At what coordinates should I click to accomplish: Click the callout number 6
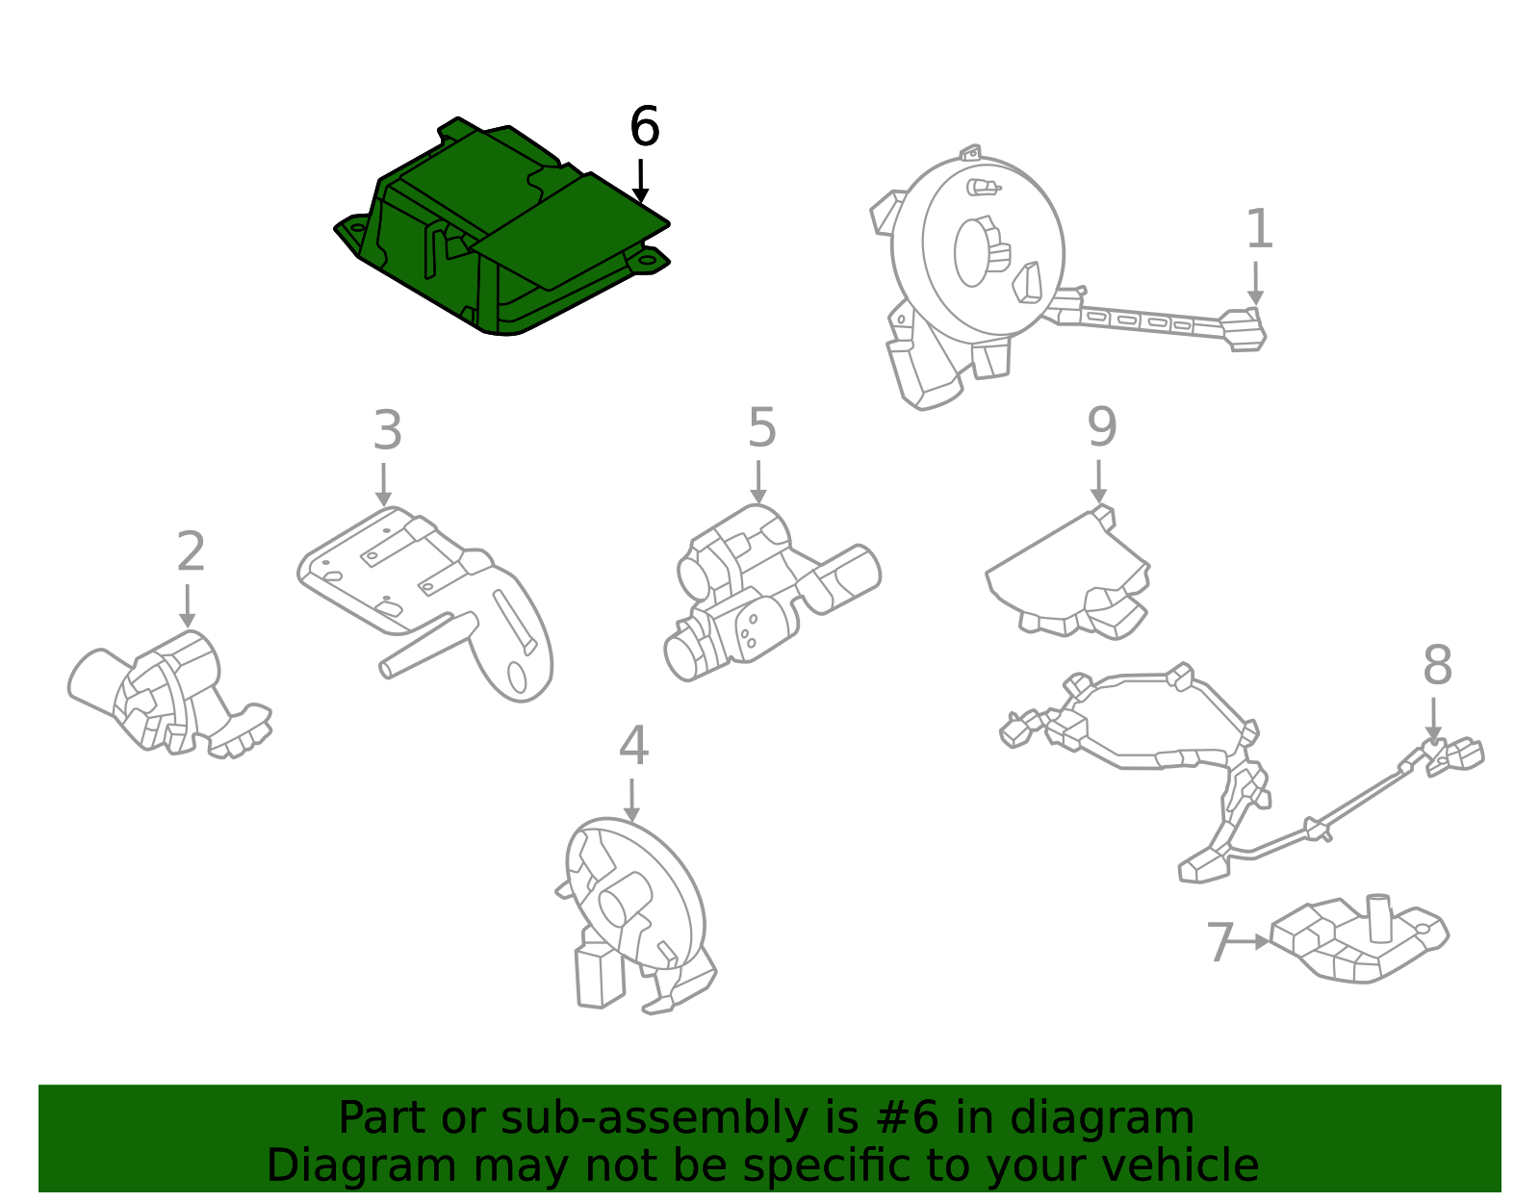pos(644,127)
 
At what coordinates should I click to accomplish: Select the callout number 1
pos(1259,230)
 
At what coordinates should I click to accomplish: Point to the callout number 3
pos(387,431)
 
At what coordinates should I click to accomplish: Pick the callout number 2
pos(191,552)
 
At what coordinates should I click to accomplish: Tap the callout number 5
pos(761,428)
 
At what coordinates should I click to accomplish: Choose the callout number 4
pos(633,747)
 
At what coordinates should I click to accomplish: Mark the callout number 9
pos(1101,428)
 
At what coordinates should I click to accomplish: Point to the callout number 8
pos(1436,666)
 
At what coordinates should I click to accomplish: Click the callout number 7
pos(1219,943)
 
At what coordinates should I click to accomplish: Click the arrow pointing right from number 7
pos(1252,941)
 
